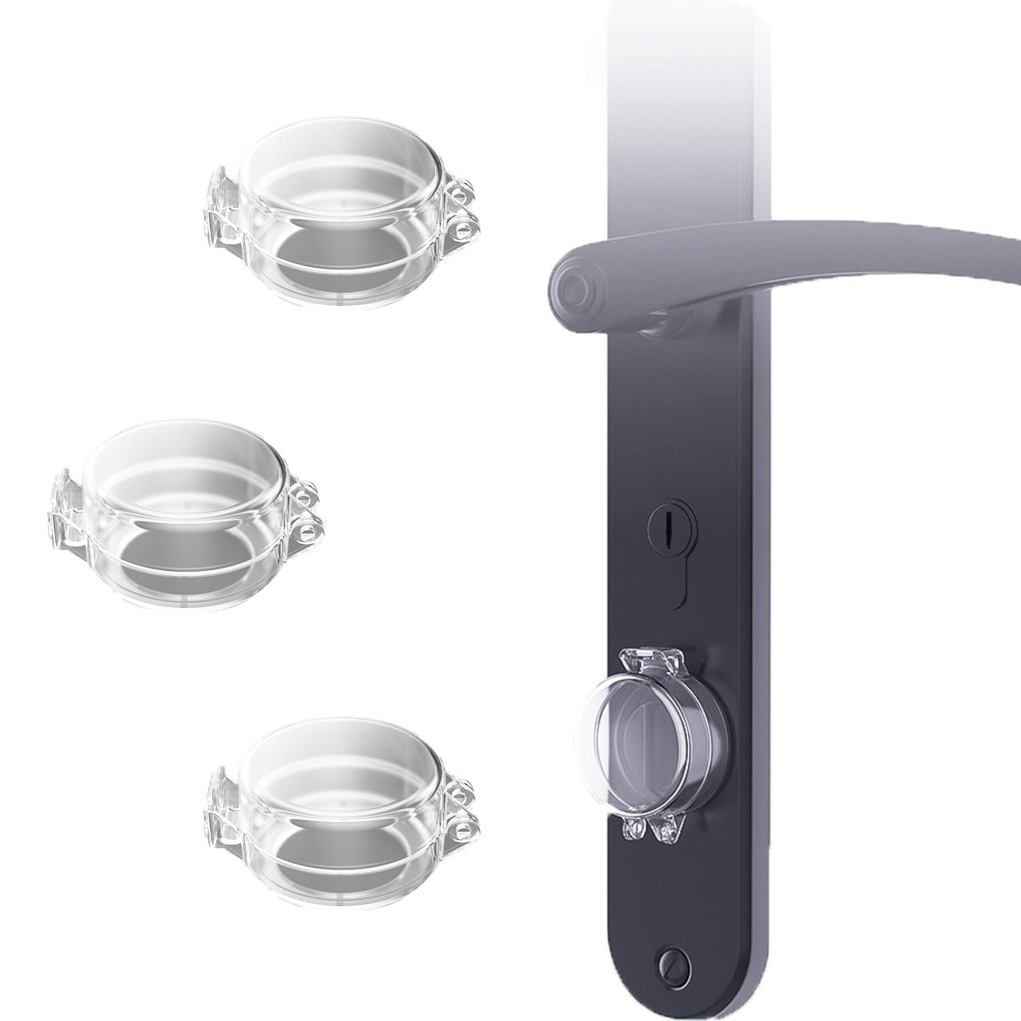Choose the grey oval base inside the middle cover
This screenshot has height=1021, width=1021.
(187, 558)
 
